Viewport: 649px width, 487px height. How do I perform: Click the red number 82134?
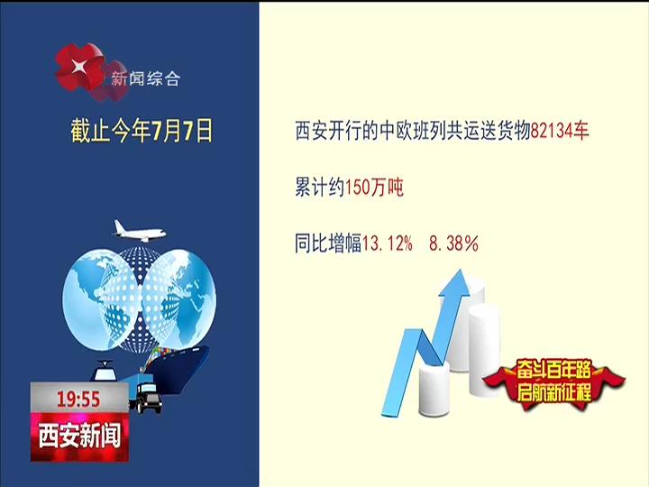coord(551,132)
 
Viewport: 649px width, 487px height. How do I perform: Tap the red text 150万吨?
coord(374,188)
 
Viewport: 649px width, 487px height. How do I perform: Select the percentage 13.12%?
coord(388,243)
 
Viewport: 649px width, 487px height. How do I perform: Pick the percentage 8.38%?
coord(453,243)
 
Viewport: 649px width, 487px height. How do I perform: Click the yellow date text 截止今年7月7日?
coord(142,131)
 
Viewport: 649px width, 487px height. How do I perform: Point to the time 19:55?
coord(78,400)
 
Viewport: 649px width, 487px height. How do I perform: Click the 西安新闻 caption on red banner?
coord(79,436)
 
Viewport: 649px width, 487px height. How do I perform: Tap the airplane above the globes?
coord(140,232)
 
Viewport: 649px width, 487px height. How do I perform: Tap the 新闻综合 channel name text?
coord(145,78)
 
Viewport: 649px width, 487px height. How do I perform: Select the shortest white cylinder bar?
coord(434,390)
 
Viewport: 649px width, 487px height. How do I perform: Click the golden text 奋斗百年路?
coord(553,370)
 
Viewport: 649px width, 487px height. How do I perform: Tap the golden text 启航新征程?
coord(553,391)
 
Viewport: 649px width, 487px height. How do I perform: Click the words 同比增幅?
coord(328,243)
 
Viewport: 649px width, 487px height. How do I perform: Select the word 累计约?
coord(320,188)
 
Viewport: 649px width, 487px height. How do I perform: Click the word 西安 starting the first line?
coord(312,132)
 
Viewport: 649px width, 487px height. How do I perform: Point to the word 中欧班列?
coord(413,132)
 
